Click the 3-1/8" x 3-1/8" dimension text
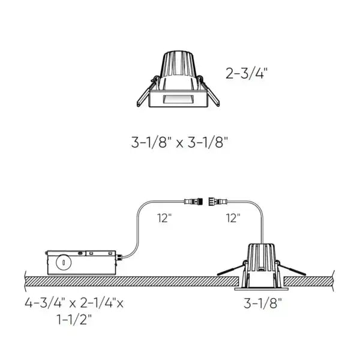[x=180, y=143]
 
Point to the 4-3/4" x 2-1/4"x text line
[x=74, y=302]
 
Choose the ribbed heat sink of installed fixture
[x=262, y=256]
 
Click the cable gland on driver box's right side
[x=119, y=257]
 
